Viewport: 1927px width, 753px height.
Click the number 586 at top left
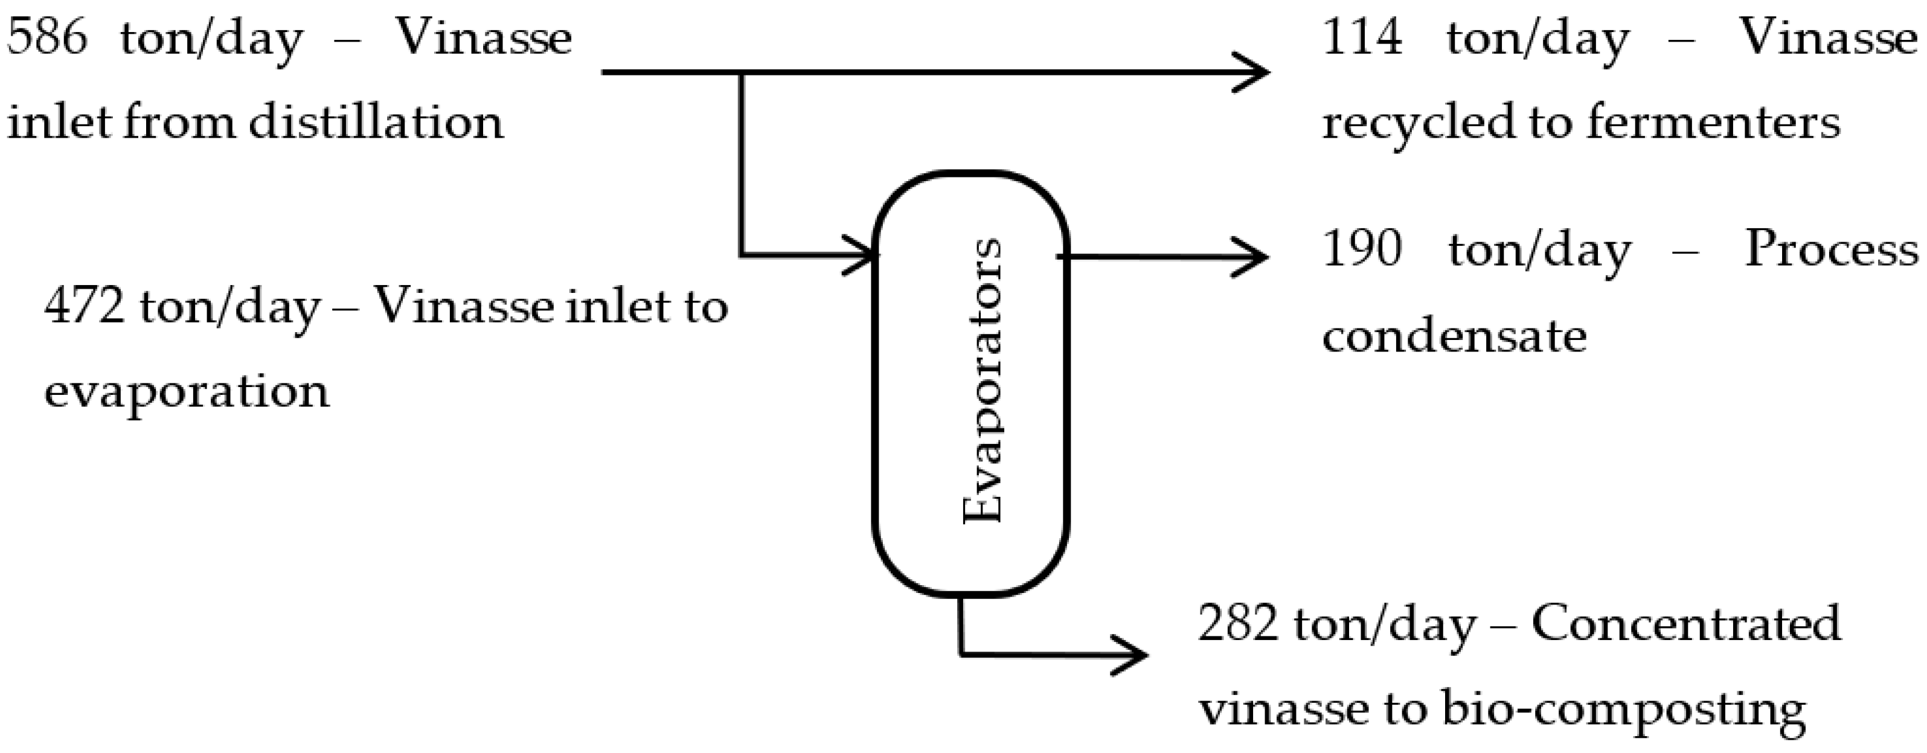pyautogui.click(x=46, y=37)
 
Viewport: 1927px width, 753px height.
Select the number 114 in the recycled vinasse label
pyautogui.click(x=1362, y=37)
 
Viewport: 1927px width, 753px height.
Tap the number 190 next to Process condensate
pyautogui.click(x=1362, y=248)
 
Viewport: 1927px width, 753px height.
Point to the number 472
pyautogui.click(x=84, y=307)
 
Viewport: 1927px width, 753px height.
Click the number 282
pyautogui.click(x=1238, y=623)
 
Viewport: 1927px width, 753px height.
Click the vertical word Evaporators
pyautogui.click(x=982, y=382)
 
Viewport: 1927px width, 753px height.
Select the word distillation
pyautogui.click(x=376, y=122)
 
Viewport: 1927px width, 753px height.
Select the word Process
pyautogui.click(x=1831, y=248)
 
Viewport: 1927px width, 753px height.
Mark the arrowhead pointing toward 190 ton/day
pyautogui.click(x=1257, y=257)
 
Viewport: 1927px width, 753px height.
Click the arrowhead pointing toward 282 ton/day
pyautogui.click(x=1135, y=655)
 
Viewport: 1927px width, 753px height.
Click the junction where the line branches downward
pyautogui.click(x=742, y=72)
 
